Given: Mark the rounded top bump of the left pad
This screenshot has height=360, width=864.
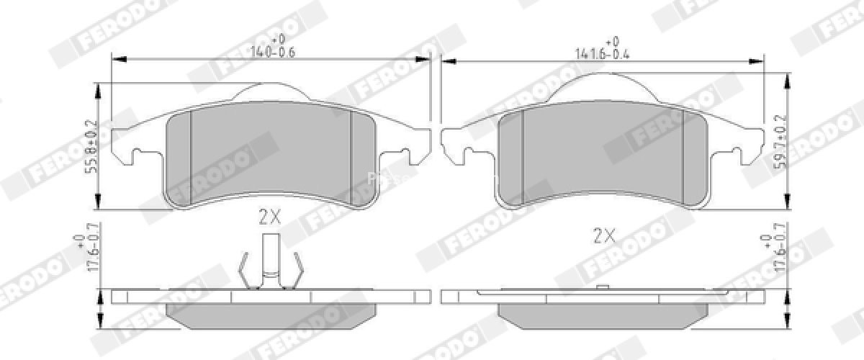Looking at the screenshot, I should pos(271,92).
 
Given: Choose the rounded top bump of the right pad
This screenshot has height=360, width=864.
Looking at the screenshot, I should pos(603,87).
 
